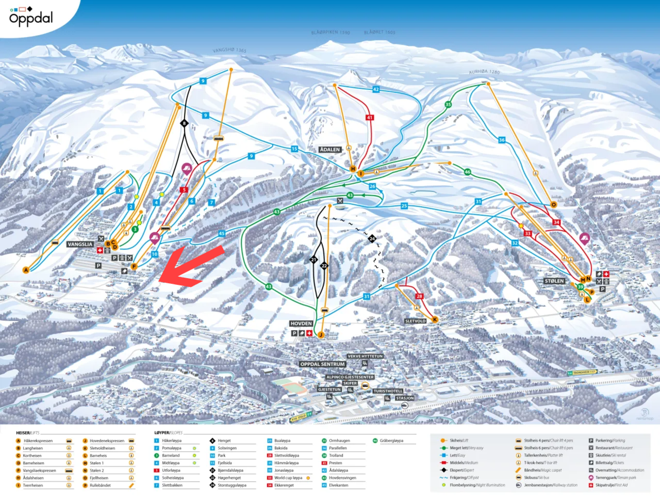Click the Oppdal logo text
31,18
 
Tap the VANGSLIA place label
80,244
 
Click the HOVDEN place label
301,323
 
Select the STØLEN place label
554,281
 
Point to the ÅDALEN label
330,149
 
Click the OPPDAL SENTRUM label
322,364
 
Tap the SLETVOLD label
415,321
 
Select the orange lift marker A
26,270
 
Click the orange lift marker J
321,335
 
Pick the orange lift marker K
435,319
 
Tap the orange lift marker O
554,205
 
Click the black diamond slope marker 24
372,238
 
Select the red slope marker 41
370,118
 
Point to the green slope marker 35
448,104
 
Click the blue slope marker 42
376,89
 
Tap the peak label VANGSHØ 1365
229,50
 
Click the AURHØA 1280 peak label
484,72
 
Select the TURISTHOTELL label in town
388,391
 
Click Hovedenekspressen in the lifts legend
107,441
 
